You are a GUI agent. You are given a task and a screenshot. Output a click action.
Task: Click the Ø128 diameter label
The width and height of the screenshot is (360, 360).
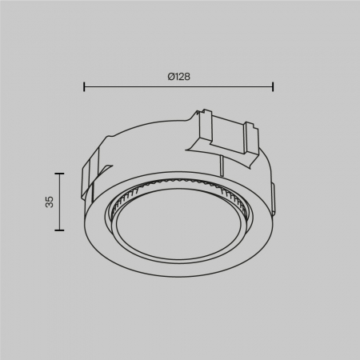[178, 76]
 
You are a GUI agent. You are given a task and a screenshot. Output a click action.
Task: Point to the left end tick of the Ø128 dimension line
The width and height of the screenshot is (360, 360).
[85, 87]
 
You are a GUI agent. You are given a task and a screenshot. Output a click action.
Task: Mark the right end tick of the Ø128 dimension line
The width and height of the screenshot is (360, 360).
[274, 87]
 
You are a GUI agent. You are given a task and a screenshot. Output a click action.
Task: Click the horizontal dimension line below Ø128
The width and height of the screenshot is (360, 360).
[179, 87]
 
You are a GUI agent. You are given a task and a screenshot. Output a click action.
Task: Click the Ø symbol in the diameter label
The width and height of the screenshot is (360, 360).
[170, 76]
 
